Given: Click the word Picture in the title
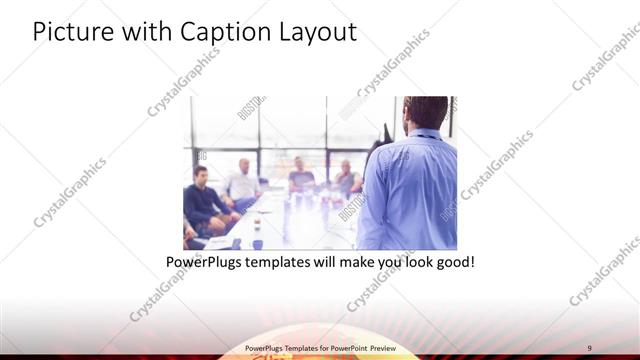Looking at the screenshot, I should tap(69, 32).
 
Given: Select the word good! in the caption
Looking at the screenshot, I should tap(452, 264).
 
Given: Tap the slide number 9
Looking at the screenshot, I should tap(590, 346).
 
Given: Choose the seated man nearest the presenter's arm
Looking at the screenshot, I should tap(347, 179).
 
